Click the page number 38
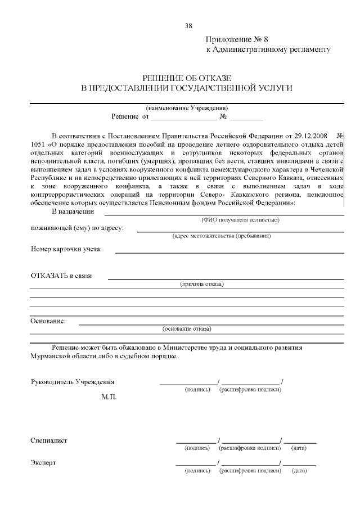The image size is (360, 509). point(188,26)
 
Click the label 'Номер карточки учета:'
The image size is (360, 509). point(66,249)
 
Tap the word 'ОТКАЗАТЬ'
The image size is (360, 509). point(50,276)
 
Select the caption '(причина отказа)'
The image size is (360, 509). point(202,284)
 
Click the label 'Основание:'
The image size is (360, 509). point(48,321)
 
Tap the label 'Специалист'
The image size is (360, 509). point(49,440)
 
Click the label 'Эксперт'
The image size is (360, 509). point(43,463)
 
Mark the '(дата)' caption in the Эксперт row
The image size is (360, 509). point(299,470)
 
